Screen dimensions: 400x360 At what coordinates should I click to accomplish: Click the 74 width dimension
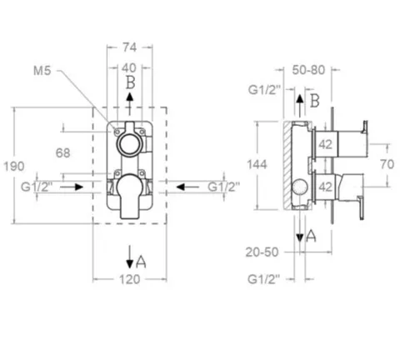tap(130, 47)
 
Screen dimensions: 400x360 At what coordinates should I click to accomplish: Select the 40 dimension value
tap(129, 67)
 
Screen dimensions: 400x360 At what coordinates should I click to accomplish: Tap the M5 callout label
tap(42, 71)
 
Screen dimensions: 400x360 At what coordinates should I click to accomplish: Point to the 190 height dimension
tap(14, 166)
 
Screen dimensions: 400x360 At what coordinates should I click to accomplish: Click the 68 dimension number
tap(63, 153)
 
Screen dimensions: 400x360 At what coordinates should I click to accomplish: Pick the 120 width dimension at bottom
tap(130, 279)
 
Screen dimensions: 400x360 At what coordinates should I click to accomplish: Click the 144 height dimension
tap(257, 164)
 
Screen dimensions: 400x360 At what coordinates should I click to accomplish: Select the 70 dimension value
tap(387, 164)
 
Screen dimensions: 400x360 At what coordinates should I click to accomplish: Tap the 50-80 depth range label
tap(308, 70)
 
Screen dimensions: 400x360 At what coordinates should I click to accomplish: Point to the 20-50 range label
tap(262, 252)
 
